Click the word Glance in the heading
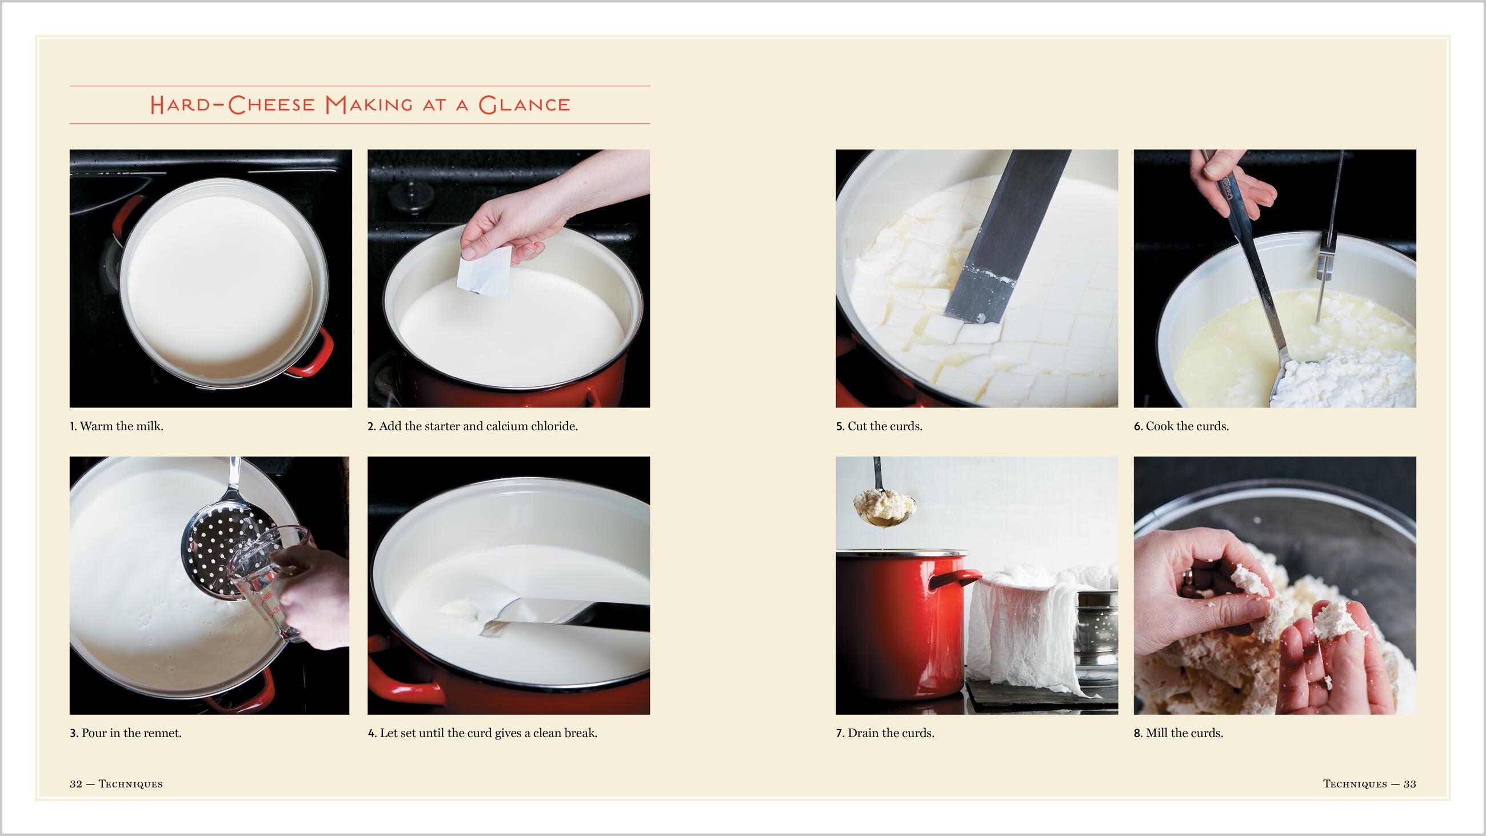[x=524, y=105]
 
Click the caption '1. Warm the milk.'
[x=117, y=426]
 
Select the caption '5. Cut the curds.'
[x=879, y=426]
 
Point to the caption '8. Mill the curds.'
[x=1179, y=733]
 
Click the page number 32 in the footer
[x=75, y=784]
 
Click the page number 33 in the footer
[x=1410, y=784]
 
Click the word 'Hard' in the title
[x=184, y=105]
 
